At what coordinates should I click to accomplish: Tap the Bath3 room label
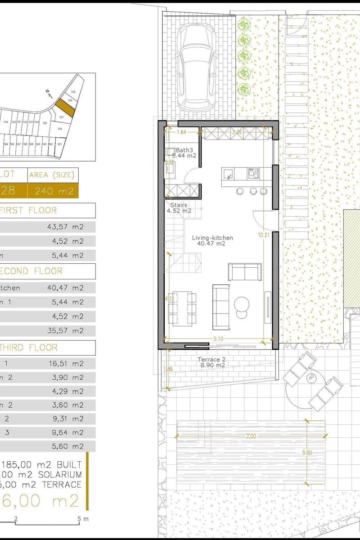(184, 150)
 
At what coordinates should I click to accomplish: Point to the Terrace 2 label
(211, 360)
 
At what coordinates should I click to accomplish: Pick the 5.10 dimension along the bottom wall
(218, 338)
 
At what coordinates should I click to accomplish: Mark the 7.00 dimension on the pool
(251, 436)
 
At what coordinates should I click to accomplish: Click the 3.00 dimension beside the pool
(306, 452)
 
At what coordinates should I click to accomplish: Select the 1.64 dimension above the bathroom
(181, 132)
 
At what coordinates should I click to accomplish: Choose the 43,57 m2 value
(65, 227)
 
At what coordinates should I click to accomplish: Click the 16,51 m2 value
(65, 364)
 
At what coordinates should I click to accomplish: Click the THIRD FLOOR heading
(29, 348)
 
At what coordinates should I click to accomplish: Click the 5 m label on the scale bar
(82, 519)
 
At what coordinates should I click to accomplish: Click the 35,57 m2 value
(65, 330)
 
